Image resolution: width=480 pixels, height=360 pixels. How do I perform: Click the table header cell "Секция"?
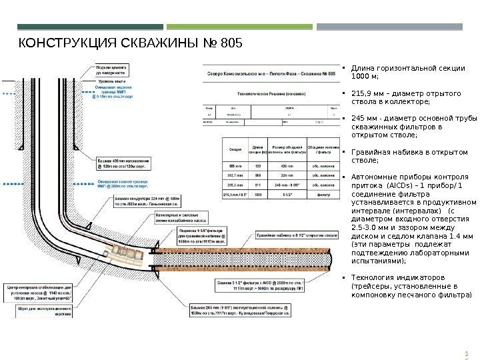tap(235, 148)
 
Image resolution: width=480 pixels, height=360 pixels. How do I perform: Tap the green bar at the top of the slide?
tap(239, 27)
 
